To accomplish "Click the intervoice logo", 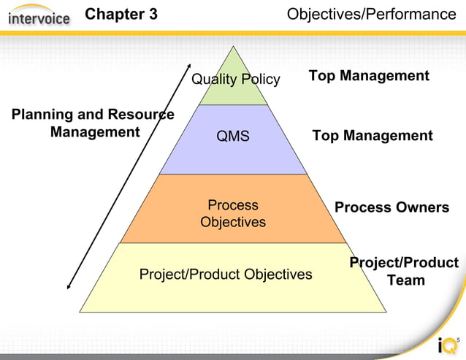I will (39, 15).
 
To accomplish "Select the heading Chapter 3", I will (121, 15).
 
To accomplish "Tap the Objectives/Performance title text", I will (371, 15).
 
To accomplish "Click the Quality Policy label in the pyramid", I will (235, 79).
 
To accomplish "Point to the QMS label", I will (233, 136).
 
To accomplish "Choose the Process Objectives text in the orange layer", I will (233, 213).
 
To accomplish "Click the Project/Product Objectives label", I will (226, 274).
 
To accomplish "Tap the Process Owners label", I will (391, 207).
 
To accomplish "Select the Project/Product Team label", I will (404, 271).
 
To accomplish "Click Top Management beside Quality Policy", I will (369, 76).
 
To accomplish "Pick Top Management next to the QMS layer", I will (373, 136).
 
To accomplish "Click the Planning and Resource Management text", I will (93, 123).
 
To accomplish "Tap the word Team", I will (406, 280).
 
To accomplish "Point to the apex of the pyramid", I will (234, 47).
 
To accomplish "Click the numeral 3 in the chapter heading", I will (153, 15).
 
